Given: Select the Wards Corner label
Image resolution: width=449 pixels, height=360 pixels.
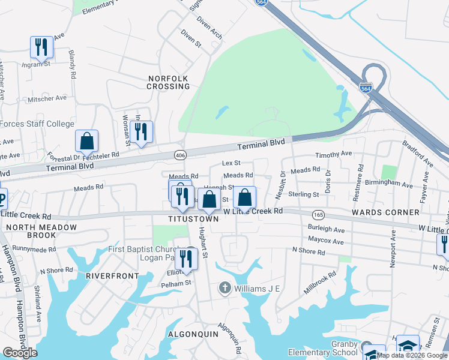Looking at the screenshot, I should [385, 212].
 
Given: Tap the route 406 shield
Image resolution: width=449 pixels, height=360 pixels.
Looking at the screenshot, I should [180, 155].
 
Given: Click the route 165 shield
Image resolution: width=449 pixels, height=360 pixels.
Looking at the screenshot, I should [318, 215].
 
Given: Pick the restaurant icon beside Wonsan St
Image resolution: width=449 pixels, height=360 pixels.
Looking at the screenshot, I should [141, 131].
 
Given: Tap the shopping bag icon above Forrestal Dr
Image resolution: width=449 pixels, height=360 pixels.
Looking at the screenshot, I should [87, 142].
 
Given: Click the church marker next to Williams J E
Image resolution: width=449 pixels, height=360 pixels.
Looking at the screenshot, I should [225, 288].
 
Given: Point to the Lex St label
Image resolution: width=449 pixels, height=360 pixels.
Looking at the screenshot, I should [231, 163].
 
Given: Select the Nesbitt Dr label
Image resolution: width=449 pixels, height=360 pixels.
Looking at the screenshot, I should [283, 183].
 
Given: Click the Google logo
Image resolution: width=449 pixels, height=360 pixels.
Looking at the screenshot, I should [20, 353].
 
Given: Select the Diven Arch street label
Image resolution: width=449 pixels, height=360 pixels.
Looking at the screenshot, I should [209, 27].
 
